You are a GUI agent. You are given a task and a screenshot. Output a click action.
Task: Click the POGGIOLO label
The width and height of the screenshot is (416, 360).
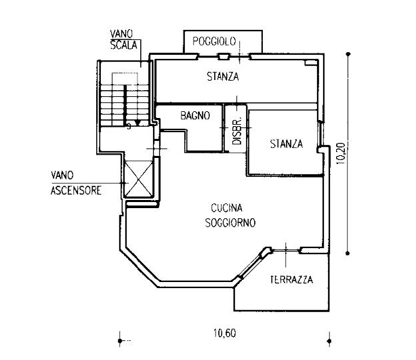point(214,41)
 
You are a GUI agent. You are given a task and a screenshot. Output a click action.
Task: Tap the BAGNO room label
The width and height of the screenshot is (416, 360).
point(195,115)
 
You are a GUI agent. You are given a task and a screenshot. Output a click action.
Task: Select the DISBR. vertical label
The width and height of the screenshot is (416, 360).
point(237,131)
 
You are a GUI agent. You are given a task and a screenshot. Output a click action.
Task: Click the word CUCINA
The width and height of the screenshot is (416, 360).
point(226,208)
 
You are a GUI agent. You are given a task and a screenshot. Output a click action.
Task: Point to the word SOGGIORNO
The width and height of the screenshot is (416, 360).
point(230,222)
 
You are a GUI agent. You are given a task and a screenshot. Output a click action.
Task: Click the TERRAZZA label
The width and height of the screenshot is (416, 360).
point(291,279)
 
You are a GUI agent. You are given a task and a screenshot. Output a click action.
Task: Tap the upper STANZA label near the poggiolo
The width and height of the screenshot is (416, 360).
point(223,77)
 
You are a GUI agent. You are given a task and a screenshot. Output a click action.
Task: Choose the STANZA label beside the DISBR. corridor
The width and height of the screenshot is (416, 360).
point(287,144)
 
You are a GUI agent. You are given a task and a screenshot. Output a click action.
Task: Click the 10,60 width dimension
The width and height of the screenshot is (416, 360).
point(225,333)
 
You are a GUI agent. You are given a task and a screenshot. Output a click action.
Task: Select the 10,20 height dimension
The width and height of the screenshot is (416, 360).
point(341,153)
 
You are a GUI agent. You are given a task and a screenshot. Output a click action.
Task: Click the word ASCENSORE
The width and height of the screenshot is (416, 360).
point(76,191)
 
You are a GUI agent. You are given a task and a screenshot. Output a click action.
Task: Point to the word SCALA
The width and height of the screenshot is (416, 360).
point(123,45)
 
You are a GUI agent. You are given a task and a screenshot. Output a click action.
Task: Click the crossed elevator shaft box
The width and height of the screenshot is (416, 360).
point(138,178)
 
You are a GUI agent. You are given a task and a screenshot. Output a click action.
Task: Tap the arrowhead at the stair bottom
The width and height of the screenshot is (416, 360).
point(138,123)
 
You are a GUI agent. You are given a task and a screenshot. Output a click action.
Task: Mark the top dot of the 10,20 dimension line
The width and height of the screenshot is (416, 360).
point(348,54)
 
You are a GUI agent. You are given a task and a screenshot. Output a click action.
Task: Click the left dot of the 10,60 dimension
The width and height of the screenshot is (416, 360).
point(120,340)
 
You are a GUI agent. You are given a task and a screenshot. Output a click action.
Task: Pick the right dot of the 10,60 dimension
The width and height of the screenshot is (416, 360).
point(329,340)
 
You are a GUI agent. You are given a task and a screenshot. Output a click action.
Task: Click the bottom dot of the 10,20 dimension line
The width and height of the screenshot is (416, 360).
point(348,253)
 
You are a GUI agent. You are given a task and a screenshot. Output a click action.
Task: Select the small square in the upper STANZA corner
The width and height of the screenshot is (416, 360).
point(308,62)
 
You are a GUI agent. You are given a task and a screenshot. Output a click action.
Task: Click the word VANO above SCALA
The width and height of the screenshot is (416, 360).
point(121,34)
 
